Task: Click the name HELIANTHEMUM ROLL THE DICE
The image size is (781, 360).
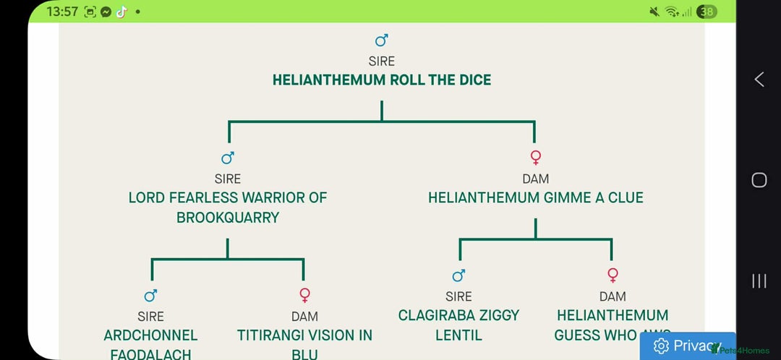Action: pos(381,80)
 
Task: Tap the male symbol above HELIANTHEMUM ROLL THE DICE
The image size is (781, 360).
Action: pos(382,40)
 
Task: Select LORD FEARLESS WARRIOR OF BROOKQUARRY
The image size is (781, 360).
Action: pos(228,207)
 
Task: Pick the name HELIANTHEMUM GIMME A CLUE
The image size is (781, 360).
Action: pos(535,198)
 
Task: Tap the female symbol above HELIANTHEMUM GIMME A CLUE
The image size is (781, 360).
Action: pos(536,157)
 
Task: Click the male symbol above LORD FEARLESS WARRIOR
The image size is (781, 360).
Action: pos(228,158)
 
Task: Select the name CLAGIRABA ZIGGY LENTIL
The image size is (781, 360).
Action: pos(458,325)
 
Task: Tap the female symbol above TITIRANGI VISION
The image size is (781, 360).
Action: pos(304,295)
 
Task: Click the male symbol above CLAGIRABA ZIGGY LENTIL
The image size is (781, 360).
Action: pos(458,275)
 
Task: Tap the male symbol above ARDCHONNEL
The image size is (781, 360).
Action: pos(150,295)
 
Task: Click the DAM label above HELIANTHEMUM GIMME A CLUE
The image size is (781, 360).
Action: pos(535,179)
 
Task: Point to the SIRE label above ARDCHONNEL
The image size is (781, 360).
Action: pos(150,317)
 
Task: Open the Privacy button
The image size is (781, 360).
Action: pos(687,346)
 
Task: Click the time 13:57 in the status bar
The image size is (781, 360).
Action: pos(62,12)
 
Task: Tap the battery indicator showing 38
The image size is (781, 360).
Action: pos(708,12)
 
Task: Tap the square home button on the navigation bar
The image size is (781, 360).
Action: pos(759,180)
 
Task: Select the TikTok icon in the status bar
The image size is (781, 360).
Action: pos(121,12)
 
